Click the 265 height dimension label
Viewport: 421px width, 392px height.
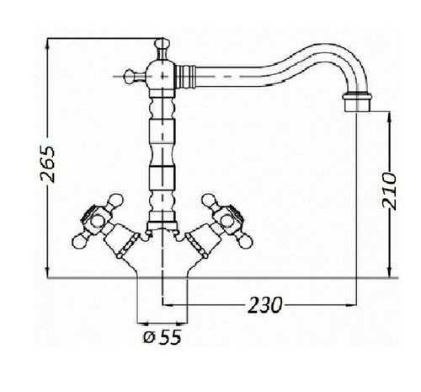click(x=48, y=164)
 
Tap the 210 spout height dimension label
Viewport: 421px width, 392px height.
click(x=389, y=191)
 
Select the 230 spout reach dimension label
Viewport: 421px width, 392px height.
click(x=265, y=304)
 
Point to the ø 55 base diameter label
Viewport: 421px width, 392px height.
click(x=163, y=336)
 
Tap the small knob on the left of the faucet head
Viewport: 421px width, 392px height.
click(x=129, y=76)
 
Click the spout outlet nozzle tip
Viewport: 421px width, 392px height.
click(x=357, y=104)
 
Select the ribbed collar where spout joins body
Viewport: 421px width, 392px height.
click(x=185, y=76)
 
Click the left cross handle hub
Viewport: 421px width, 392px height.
click(x=98, y=221)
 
